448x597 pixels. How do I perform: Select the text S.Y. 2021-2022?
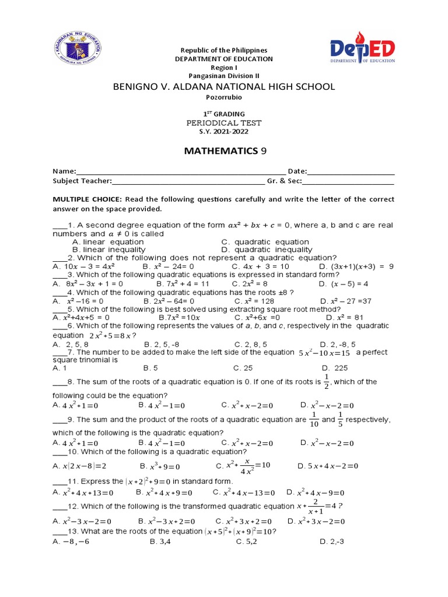pos(224,132)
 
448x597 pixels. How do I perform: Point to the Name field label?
pos(64,171)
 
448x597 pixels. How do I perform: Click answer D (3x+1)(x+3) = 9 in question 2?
pos(356,266)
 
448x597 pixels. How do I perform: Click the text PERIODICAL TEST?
pos(224,123)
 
